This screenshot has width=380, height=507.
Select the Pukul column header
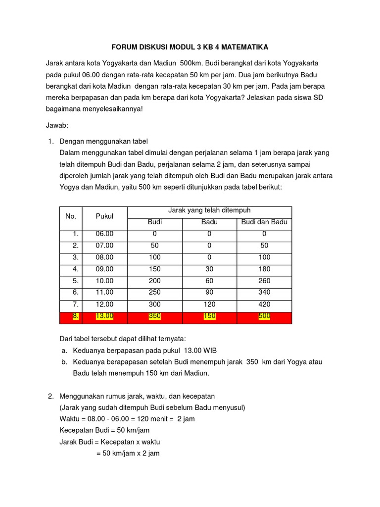pyautogui.click(x=104, y=216)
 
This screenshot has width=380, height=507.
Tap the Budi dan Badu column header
pyautogui.click(x=264, y=222)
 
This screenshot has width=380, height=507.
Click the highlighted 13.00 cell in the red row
pyautogui.click(x=104, y=316)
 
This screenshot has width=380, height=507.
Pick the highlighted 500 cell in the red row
pyautogui.click(x=264, y=316)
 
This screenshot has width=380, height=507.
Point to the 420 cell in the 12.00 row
pyautogui.click(x=264, y=304)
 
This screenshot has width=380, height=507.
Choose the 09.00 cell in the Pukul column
pyautogui.click(x=104, y=269)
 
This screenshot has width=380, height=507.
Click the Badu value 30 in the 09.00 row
pyautogui.click(x=209, y=269)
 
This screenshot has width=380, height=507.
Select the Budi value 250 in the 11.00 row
pyautogui.click(x=155, y=293)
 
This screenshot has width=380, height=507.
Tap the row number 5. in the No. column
pyautogui.click(x=75, y=281)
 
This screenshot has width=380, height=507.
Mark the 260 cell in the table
pyautogui.click(x=264, y=281)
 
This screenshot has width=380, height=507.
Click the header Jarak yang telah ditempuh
pyautogui.click(x=209, y=210)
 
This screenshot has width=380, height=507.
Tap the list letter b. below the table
pyautogui.click(x=65, y=362)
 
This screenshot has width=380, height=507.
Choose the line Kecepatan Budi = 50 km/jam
pyautogui.click(x=104, y=430)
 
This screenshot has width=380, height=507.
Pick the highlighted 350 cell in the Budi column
pyautogui.click(x=155, y=316)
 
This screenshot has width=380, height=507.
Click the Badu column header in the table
pyautogui.click(x=209, y=222)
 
